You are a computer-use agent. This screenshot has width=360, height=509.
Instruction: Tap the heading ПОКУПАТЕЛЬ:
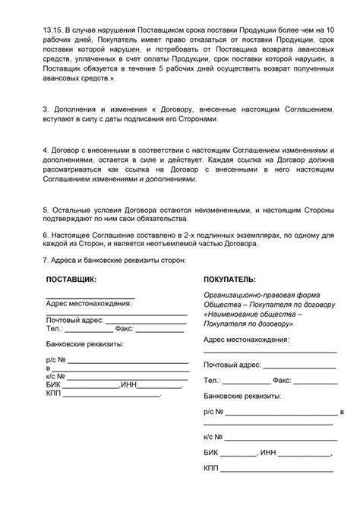click(229, 279)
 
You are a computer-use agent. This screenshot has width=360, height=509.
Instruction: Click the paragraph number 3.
click(46, 111)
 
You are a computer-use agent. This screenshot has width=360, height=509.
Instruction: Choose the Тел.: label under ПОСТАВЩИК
click(54, 329)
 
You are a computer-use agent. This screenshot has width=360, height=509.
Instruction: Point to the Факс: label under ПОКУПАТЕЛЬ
click(282, 378)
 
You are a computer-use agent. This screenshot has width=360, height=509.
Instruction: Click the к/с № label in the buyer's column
click(213, 438)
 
